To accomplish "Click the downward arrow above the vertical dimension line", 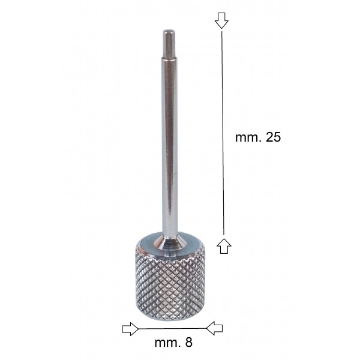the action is click(x=221, y=20).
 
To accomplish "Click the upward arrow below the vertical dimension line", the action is click(x=224, y=245).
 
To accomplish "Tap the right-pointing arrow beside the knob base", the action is click(x=130, y=329).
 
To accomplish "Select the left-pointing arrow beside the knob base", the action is click(x=214, y=328).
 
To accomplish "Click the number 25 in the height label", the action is click(x=273, y=137).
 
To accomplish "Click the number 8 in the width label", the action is click(x=188, y=343).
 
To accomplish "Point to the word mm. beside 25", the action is click(x=248, y=138).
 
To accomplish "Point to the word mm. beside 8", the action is click(x=167, y=343).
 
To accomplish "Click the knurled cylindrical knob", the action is click(x=170, y=279).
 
